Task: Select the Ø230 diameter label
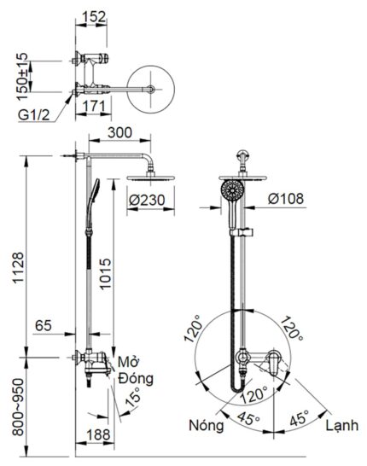tap(146, 201)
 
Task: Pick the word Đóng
tap(135, 376)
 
